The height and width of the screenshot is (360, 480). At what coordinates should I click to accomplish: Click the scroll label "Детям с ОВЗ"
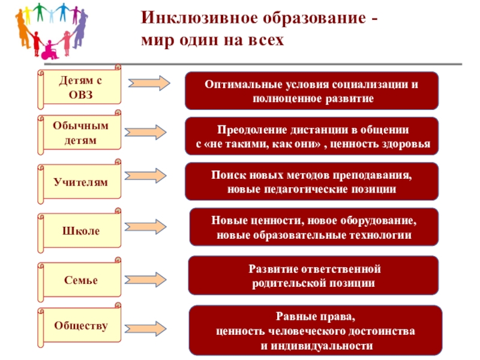tap(80, 87)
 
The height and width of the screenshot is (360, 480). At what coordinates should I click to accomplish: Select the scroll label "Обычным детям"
tap(80, 134)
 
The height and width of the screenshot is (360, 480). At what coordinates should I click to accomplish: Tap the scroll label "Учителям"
tap(80, 182)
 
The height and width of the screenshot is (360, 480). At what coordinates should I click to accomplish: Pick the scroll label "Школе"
tap(80, 230)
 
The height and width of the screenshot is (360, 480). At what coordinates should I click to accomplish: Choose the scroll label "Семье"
tap(80, 280)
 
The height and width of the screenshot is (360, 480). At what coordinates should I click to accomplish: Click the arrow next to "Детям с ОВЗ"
tap(148, 83)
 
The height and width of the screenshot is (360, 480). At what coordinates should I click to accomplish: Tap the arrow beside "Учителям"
tap(148, 176)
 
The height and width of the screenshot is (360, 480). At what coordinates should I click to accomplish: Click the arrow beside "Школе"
tap(148, 226)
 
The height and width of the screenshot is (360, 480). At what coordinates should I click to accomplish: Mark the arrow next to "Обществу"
tap(148, 328)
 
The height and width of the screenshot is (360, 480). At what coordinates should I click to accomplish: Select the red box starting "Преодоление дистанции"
tap(311, 137)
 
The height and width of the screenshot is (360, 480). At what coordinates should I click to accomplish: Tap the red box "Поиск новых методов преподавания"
tap(311, 182)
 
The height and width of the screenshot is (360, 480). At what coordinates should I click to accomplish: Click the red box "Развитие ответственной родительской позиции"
tap(315, 275)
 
